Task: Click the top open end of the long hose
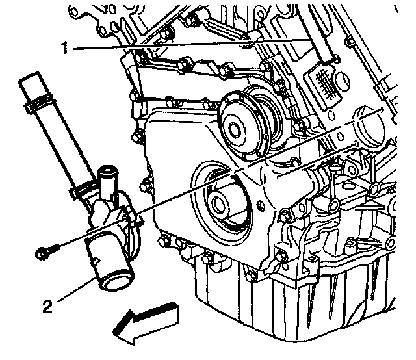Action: [32, 81]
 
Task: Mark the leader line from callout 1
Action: [195, 44]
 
